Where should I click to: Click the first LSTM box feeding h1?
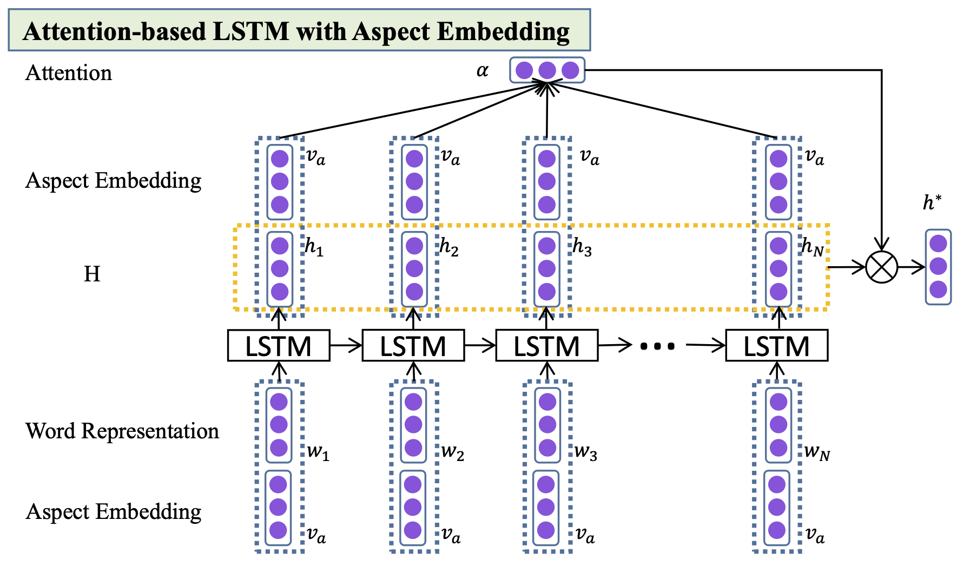point(279,346)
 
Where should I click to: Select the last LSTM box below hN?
point(776,346)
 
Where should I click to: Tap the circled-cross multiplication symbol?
point(881,267)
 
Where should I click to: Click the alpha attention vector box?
point(547,70)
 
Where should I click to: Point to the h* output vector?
point(938,267)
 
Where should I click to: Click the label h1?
point(314,247)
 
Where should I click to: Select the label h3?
point(582,247)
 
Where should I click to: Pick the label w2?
point(452,452)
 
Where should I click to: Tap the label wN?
point(816,452)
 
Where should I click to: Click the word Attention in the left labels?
point(69,73)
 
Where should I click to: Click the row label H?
point(92,274)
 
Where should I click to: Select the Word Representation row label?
point(122,431)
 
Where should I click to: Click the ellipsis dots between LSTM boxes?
point(657,346)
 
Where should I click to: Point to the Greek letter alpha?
point(482,71)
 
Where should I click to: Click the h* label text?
point(932,203)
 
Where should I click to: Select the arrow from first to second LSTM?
point(346,345)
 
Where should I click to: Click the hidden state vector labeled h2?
point(414,269)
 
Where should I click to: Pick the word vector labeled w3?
point(547,425)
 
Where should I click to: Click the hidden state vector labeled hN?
point(778,269)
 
